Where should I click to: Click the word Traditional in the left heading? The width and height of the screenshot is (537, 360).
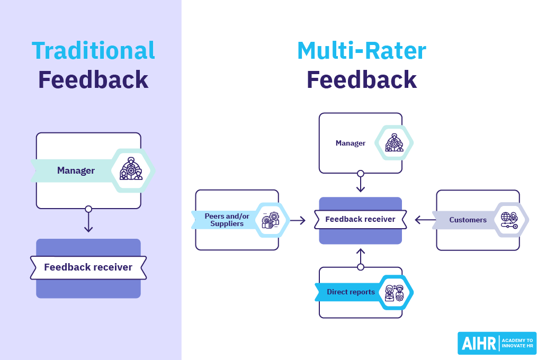point(93,51)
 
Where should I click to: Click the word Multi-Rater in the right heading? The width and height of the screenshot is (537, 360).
point(361,51)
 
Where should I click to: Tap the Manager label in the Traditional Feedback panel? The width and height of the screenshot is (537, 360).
point(76,170)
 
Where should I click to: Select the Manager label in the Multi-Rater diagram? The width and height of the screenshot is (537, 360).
point(350,143)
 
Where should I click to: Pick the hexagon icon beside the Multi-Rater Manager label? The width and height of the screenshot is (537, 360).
point(393,143)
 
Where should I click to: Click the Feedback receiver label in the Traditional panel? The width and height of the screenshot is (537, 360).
point(88,267)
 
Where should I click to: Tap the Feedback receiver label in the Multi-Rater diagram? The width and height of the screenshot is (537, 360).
point(360,219)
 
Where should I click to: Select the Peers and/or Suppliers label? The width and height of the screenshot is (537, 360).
point(227,220)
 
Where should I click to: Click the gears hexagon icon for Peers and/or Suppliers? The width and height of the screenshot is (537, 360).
point(271,220)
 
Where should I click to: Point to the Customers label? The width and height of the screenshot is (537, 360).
point(468,220)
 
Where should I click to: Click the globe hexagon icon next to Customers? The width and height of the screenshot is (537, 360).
point(509,220)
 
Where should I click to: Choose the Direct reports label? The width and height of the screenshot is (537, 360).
point(351,292)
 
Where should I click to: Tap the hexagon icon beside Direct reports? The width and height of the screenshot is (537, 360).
point(395,292)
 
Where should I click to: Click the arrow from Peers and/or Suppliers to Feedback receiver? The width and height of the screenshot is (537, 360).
point(298,220)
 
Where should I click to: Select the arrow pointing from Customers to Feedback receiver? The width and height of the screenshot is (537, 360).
point(424,220)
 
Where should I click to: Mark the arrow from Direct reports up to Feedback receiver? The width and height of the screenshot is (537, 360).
point(361,257)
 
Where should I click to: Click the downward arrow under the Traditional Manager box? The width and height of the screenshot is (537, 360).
point(88,221)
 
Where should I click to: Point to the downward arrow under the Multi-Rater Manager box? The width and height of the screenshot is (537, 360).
point(361,183)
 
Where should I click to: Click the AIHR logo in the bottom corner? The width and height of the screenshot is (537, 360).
point(496,343)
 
